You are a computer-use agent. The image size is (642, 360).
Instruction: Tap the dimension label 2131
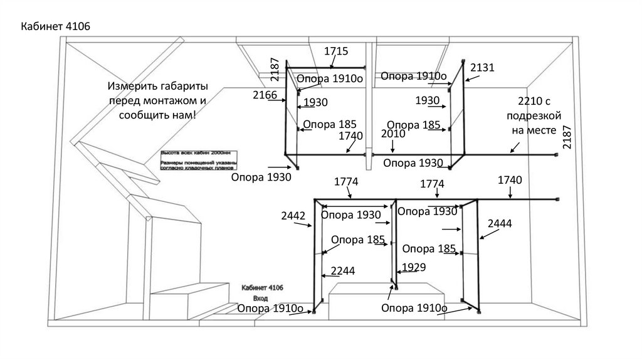click(482, 67)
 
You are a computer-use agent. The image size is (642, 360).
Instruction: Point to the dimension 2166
click(265, 95)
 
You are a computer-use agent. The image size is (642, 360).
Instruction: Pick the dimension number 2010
click(393, 134)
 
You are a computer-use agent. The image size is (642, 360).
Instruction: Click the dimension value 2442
click(293, 216)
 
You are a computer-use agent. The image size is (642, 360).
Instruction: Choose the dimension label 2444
click(500, 223)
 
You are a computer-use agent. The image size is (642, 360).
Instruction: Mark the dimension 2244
click(343, 271)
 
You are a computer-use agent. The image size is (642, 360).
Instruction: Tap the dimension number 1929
click(413, 267)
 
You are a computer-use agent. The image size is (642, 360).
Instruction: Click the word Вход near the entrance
click(260, 298)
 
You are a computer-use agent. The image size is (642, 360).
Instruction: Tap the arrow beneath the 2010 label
click(392, 146)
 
